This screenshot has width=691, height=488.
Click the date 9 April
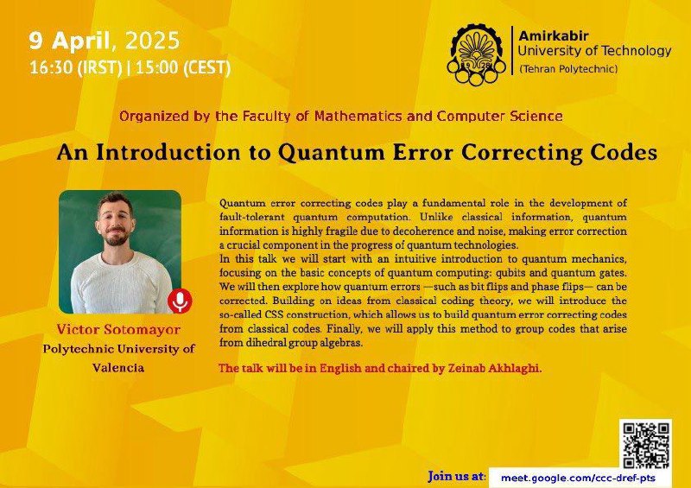(x=69, y=41)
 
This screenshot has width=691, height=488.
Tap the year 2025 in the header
(x=153, y=41)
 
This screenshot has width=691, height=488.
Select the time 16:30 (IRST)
(x=75, y=68)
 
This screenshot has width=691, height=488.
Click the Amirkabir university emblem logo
(x=476, y=54)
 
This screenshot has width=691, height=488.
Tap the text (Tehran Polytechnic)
(x=568, y=69)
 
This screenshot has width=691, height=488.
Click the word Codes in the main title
(x=624, y=153)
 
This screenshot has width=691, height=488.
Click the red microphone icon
(x=180, y=301)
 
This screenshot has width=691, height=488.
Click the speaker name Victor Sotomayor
(x=118, y=329)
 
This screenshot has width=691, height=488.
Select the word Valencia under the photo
(x=118, y=368)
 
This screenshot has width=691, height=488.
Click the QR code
(x=645, y=444)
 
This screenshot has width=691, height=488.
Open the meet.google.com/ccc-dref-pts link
(x=578, y=478)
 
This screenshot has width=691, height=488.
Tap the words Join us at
(x=457, y=477)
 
